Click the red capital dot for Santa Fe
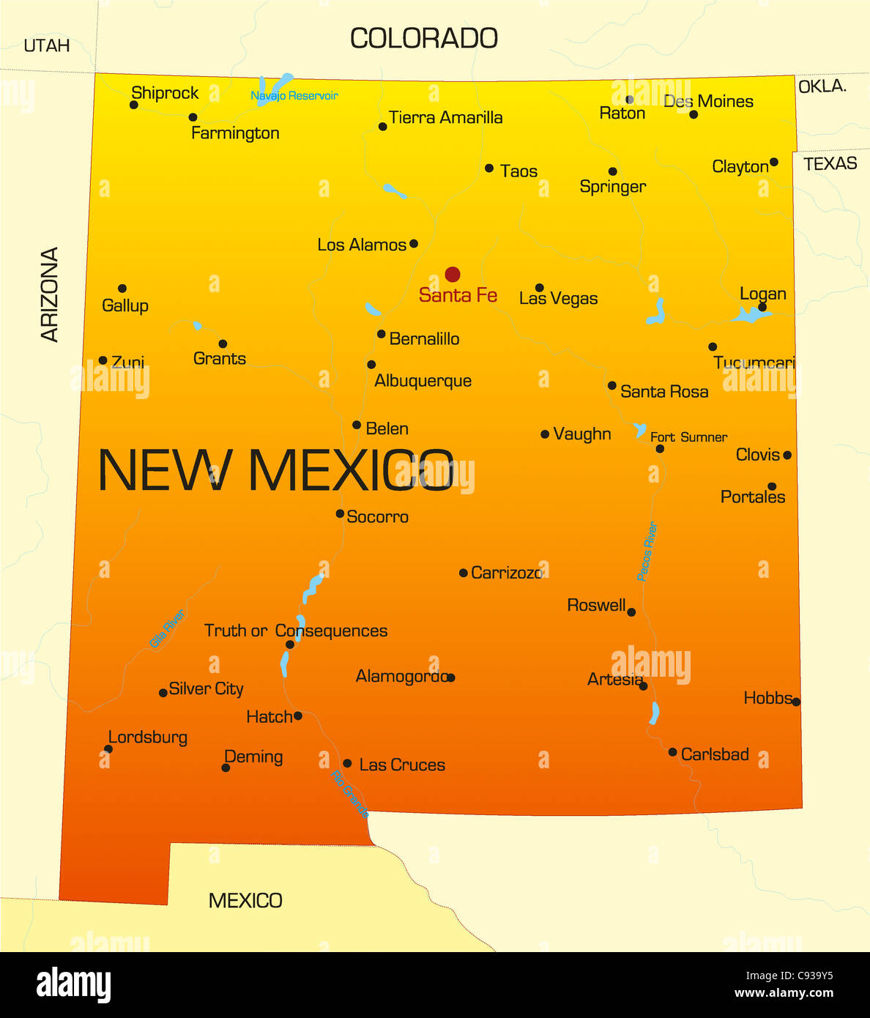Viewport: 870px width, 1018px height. click(453, 275)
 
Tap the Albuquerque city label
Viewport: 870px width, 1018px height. click(423, 381)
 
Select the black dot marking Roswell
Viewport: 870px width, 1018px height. click(631, 612)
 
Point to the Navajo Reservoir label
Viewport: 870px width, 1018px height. click(294, 96)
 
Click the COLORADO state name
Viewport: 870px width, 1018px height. click(424, 39)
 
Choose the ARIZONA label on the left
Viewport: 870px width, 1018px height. click(49, 294)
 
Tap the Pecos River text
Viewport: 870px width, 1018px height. click(647, 551)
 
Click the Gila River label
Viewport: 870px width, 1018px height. click(167, 628)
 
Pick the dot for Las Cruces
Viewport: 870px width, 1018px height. click(347, 763)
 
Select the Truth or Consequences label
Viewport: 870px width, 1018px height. click(296, 631)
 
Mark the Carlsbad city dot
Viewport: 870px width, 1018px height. click(672, 752)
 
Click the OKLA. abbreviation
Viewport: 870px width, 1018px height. click(822, 86)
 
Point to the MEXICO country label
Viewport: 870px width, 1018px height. click(245, 901)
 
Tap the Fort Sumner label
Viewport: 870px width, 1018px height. click(688, 437)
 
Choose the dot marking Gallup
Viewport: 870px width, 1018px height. click(122, 289)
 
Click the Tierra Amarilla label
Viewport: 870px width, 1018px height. click(445, 118)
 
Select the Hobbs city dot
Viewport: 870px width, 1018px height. click(796, 702)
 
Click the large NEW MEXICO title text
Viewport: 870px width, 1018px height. click(276, 470)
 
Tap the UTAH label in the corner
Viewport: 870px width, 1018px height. click(47, 45)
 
